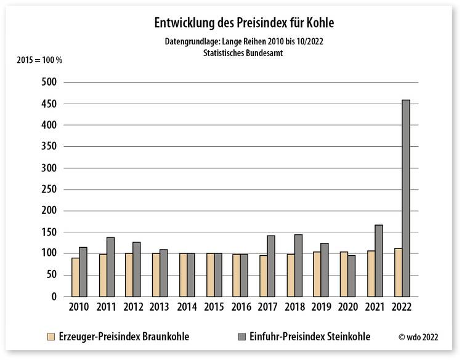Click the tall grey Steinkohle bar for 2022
405,197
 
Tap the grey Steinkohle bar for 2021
378,260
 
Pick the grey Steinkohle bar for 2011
110,266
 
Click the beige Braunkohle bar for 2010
75,277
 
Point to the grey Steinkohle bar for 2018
298,265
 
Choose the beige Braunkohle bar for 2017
263,276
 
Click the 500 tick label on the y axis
49,82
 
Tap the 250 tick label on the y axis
49,189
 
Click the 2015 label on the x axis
214,307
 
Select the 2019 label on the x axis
321,307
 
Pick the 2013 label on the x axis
160,307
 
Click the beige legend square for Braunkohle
51,337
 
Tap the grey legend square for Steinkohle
242,337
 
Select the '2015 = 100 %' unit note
39,60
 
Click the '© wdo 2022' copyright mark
419,337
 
